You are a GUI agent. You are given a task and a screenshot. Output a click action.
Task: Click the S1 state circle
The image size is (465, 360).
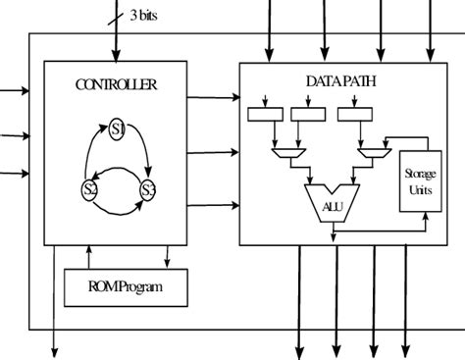[118, 129]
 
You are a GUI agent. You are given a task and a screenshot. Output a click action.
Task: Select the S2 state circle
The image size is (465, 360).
[88, 190]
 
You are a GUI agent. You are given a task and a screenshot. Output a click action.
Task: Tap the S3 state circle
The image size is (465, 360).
[148, 189]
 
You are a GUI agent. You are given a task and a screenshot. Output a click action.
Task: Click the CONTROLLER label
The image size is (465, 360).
[116, 85]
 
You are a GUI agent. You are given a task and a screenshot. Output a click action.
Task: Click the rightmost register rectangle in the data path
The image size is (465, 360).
[354, 115]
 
